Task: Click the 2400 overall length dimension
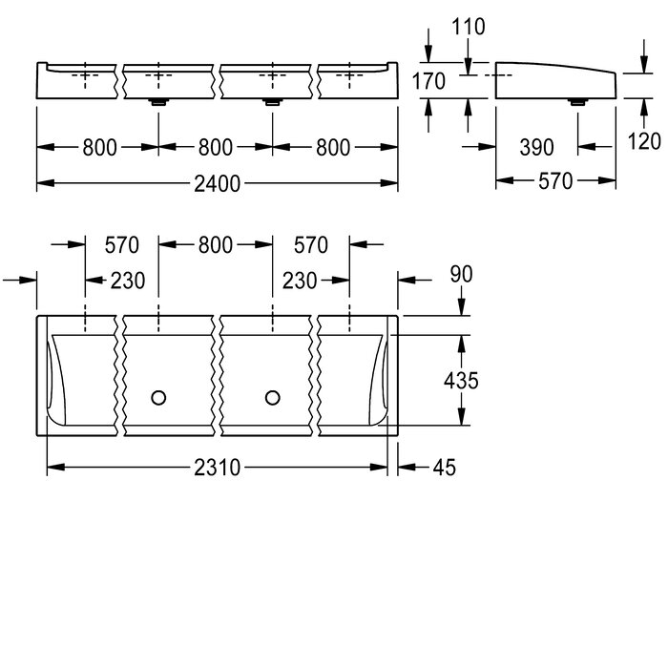click(218, 184)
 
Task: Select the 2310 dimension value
click(218, 468)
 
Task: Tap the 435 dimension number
click(461, 381)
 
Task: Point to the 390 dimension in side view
click(536, 147)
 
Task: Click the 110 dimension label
click(469, 27)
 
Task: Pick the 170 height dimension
click(428, 81)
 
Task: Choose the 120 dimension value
click(644, 141)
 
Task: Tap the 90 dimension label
click(461, 275)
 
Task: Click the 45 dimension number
click(445, 468)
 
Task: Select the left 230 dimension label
click(128, 282)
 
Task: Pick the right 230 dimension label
click(300, 282)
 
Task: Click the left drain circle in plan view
click(158, 398)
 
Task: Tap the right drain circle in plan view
click(273, 398)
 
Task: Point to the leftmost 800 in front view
click(99, 148)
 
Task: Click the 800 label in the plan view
click(215, 245)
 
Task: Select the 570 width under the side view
click(555, 182)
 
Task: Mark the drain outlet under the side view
click(578, 102)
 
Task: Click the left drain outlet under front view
click(159, 102)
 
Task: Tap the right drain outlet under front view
click(273, 102)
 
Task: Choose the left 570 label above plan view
click(122, 245)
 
